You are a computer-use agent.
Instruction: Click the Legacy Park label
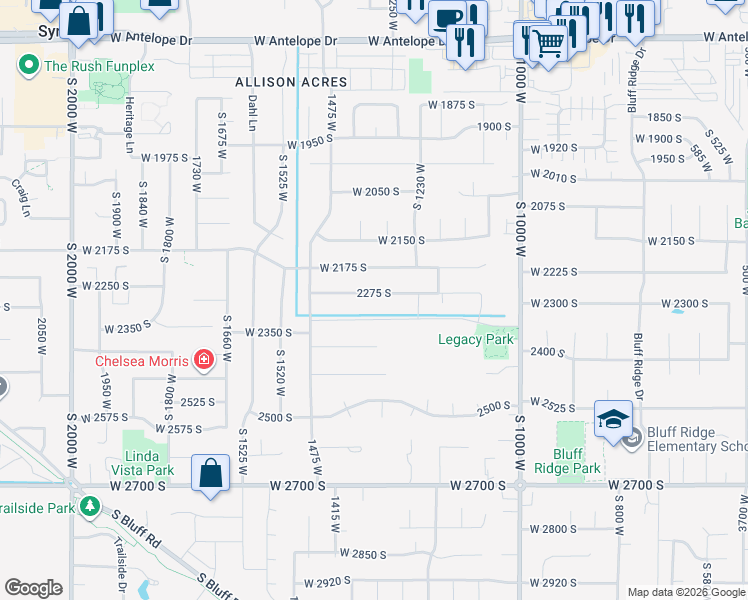pos(476,340)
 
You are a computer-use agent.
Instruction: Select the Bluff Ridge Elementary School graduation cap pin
pos(613,419)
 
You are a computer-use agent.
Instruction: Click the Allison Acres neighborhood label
pos(291,82)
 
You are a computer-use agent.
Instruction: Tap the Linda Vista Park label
pos(148,463)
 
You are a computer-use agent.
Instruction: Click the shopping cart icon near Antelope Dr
pos(547,42)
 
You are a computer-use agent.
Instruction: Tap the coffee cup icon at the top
pos(449,17)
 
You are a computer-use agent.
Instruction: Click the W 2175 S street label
pos(343,268)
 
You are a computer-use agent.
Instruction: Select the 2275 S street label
pos(373,293)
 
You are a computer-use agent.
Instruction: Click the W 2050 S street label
pos(376,191)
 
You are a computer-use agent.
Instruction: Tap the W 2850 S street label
pos(363,553)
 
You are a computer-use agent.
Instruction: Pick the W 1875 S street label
pos(451,105)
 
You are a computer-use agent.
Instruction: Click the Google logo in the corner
pos(34,588)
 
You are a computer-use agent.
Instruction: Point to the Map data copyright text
pos(685,592)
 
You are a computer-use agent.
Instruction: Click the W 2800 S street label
pos(553,529)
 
